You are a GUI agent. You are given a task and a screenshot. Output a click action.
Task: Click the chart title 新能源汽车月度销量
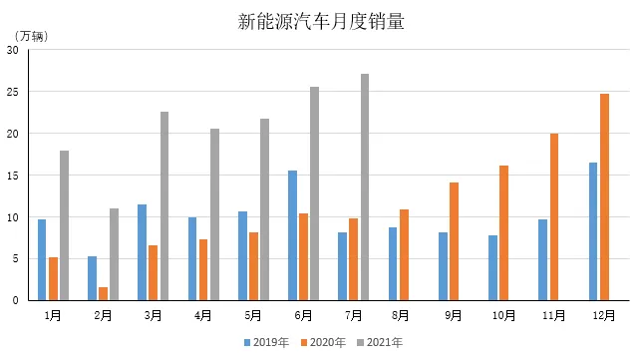point(321,21)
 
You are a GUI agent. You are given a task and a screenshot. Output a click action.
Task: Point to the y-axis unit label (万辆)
point(30,37)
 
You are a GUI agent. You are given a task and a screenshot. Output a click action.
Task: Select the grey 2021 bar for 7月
point(364,186)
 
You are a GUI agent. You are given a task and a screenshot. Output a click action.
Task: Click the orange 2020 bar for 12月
point(604,196)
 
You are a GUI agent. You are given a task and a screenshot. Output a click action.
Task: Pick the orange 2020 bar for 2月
point(103,293)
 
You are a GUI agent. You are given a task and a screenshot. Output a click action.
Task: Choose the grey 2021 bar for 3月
point(164,205)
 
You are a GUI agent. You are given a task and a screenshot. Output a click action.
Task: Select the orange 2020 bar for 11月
point(554,216)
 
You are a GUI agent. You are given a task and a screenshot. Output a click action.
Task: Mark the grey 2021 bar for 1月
point(64,224)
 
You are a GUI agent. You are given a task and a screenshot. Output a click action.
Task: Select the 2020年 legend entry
point(325,342)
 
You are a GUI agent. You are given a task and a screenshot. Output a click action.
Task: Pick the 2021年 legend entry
point(383,342)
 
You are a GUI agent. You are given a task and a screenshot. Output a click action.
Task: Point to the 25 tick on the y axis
point(12,92)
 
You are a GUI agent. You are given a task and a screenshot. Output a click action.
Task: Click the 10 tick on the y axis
point(12,216)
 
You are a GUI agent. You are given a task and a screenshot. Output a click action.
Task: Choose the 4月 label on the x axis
point(203,315)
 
